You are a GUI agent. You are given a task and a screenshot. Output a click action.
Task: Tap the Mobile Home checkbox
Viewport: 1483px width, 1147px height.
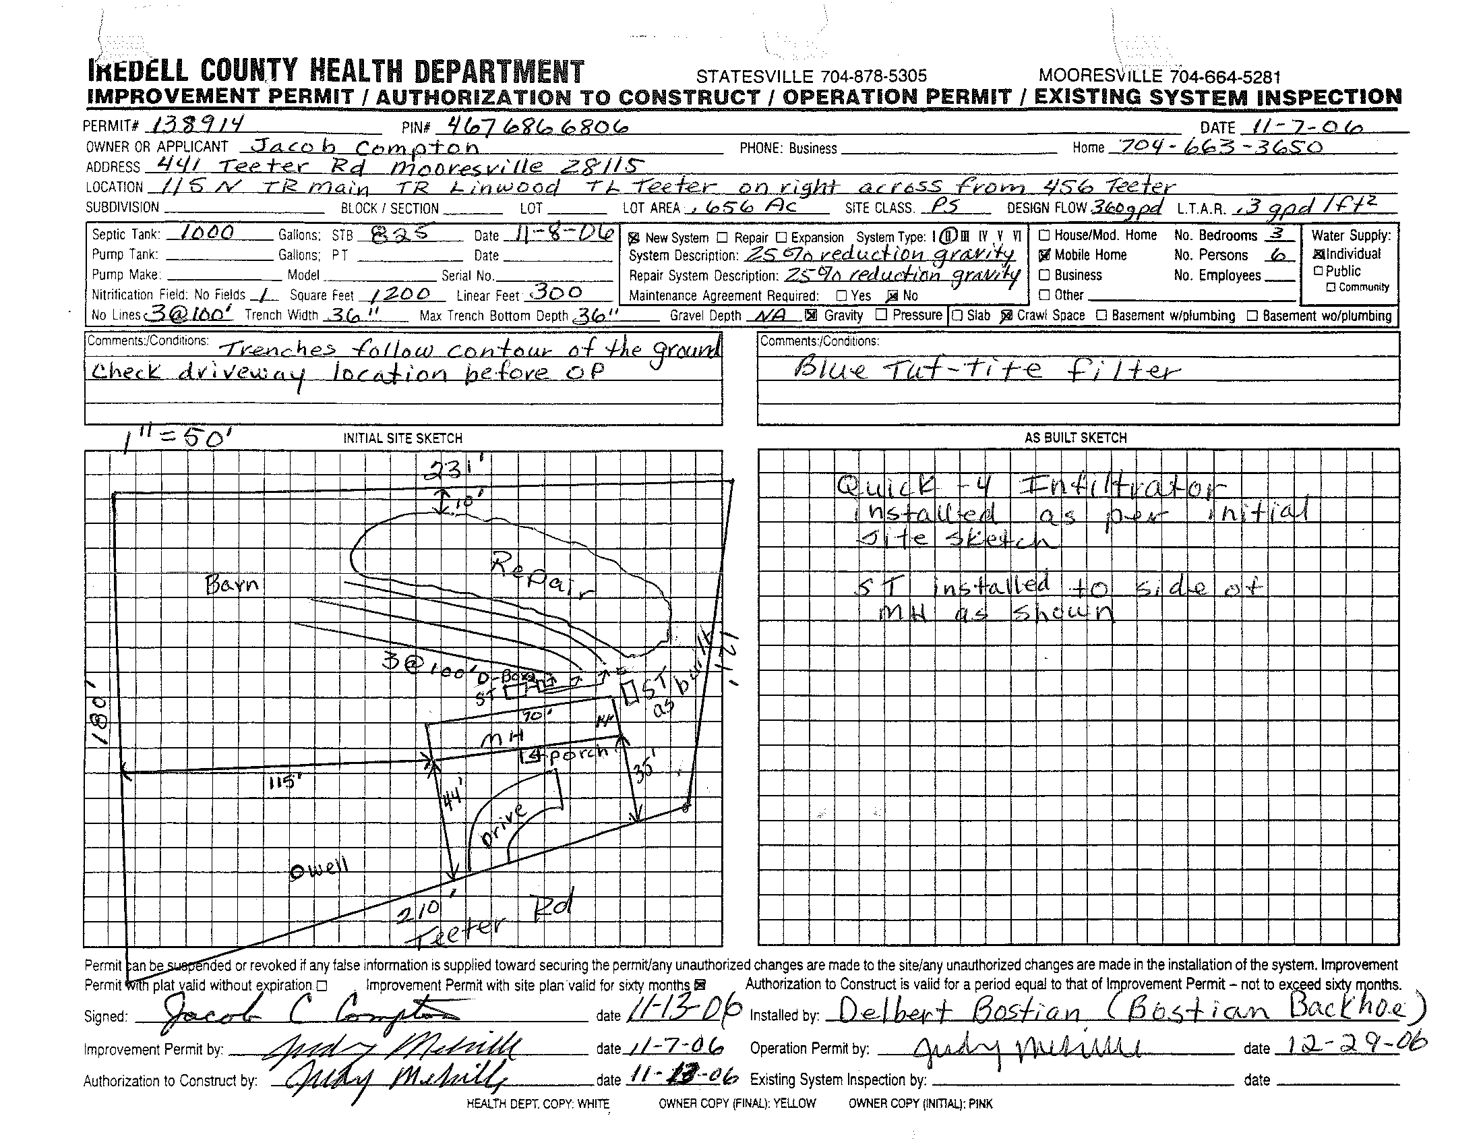click(x=1045, y=256)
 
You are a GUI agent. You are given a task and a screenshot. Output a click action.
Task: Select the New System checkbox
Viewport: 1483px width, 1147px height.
click(x=634, y=238)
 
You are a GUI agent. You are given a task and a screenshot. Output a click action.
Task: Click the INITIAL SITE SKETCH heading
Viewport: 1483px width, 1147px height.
click(x=402, y=439)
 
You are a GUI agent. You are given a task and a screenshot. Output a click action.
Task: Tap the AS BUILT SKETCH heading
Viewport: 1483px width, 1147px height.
click(x=1076, y=438)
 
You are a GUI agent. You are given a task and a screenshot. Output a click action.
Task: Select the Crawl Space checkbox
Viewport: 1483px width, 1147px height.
click(x=1007, y=316)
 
